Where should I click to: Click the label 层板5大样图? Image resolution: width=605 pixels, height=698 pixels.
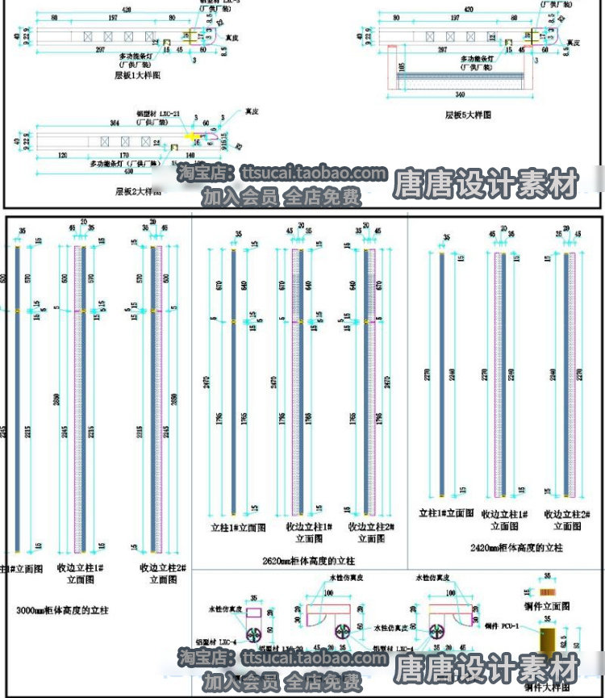(x=468, y=115)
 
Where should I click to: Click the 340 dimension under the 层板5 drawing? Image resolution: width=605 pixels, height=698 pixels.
(x=460, y=94)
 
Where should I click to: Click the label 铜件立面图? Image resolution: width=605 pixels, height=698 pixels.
(x=547, y=604)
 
